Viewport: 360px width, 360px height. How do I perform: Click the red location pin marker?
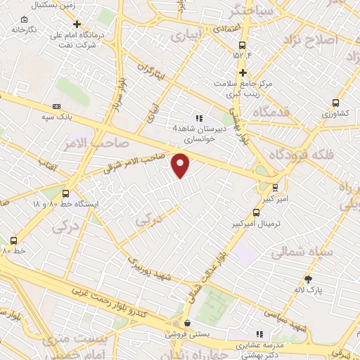point(181,165)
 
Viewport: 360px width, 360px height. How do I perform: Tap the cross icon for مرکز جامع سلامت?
point(243,72)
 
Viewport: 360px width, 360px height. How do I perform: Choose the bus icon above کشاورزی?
point(335,101)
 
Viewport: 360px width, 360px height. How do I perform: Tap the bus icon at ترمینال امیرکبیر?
point(275,188)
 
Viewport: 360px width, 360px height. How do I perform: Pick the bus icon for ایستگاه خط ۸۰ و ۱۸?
point(66,193)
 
